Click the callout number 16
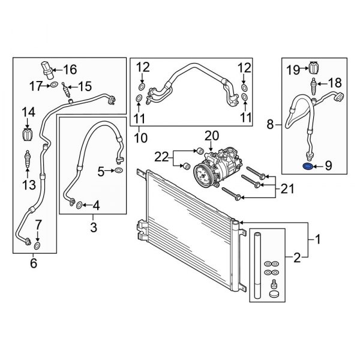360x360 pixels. pyautogui.click(x=70, y=68)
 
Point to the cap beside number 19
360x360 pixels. pyautogui.click(x=313, y=67)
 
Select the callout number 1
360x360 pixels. pyautogui.click(x=319, y=240)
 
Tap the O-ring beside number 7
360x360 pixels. pyautogui.click(x=37, y=245)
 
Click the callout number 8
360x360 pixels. pyautogui.click(x=270, y=125)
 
